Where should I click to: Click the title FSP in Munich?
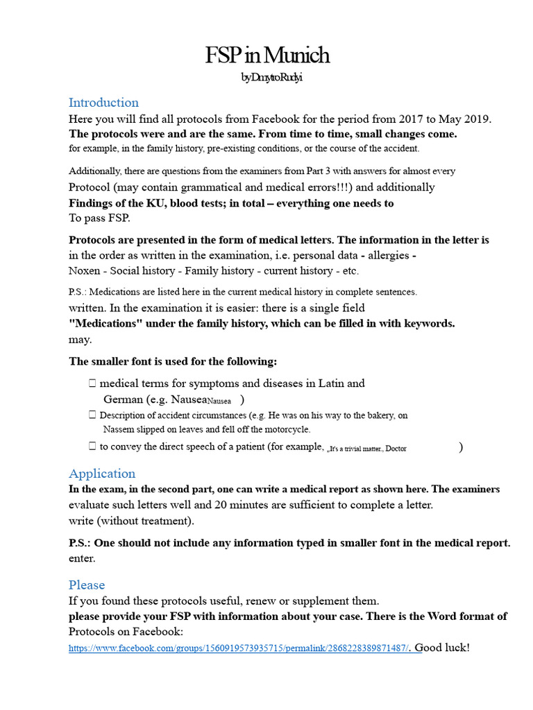pyautogui.click(x=266, y=55)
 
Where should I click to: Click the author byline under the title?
pyautogui.click(x=271, y=78)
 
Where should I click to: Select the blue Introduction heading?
pyautogui.click(x=103, y=103)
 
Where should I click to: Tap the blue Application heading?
pyautogui.click(x=102, y=474)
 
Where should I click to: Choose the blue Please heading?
pyautogui.click(x=87, y=585)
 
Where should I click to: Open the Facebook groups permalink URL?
pyautogui.click(x=239, y=648)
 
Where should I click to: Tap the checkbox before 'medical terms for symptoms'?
pyautogui.click(x=92, y=383)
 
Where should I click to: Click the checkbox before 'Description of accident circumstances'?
pyautogui.click(x=92, y=415)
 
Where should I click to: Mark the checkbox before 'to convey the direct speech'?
pyautogui.click(x=92, y=447)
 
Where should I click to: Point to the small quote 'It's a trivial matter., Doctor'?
pyautogui.click(x=366, y=449)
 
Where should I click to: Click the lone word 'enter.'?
pyautogui.click(x=82, y=557)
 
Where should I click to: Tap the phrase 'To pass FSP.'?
pyautogui.click(x=99, y=218)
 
